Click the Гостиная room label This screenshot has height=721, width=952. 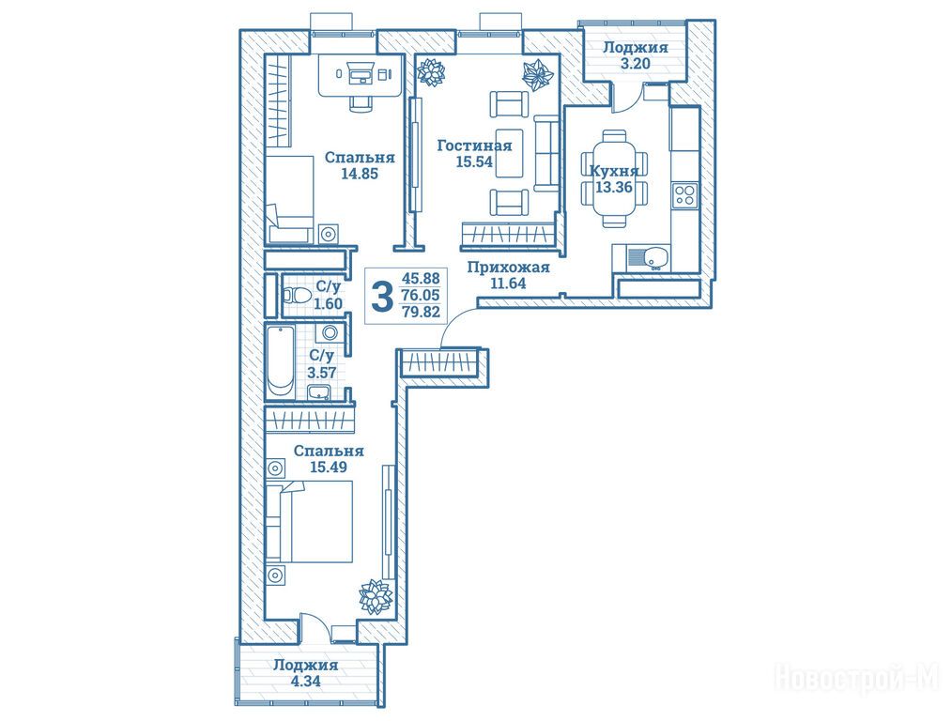[x=474, y=146]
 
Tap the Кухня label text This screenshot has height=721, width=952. [x=613, y=171]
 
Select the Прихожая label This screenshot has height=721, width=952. [x=508, y=267]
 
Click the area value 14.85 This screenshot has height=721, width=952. [x=360, y=174]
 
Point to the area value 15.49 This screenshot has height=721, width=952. [x=328, y=467]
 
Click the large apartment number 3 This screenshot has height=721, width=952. [x=382, y=296]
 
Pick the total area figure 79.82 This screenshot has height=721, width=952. [x=421, y=312]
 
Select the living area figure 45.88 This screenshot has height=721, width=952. [x=421, y=279]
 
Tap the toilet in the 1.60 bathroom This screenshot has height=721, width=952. [x=297, y=296]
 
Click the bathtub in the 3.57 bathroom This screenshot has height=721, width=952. [x=281, y=360]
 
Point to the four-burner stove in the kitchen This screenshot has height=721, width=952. [x=684, y=195]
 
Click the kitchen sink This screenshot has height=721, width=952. [x=647, y=258]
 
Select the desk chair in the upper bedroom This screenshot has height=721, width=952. [x=360, y=103]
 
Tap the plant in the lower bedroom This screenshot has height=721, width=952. [x=376, y=596]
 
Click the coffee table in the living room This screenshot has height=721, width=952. [x=509, y=153]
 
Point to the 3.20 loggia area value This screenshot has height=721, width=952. [x=634, y=63]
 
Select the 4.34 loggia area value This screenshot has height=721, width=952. [x=305, y=681]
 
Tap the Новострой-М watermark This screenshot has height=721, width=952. [x=856, y=676]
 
